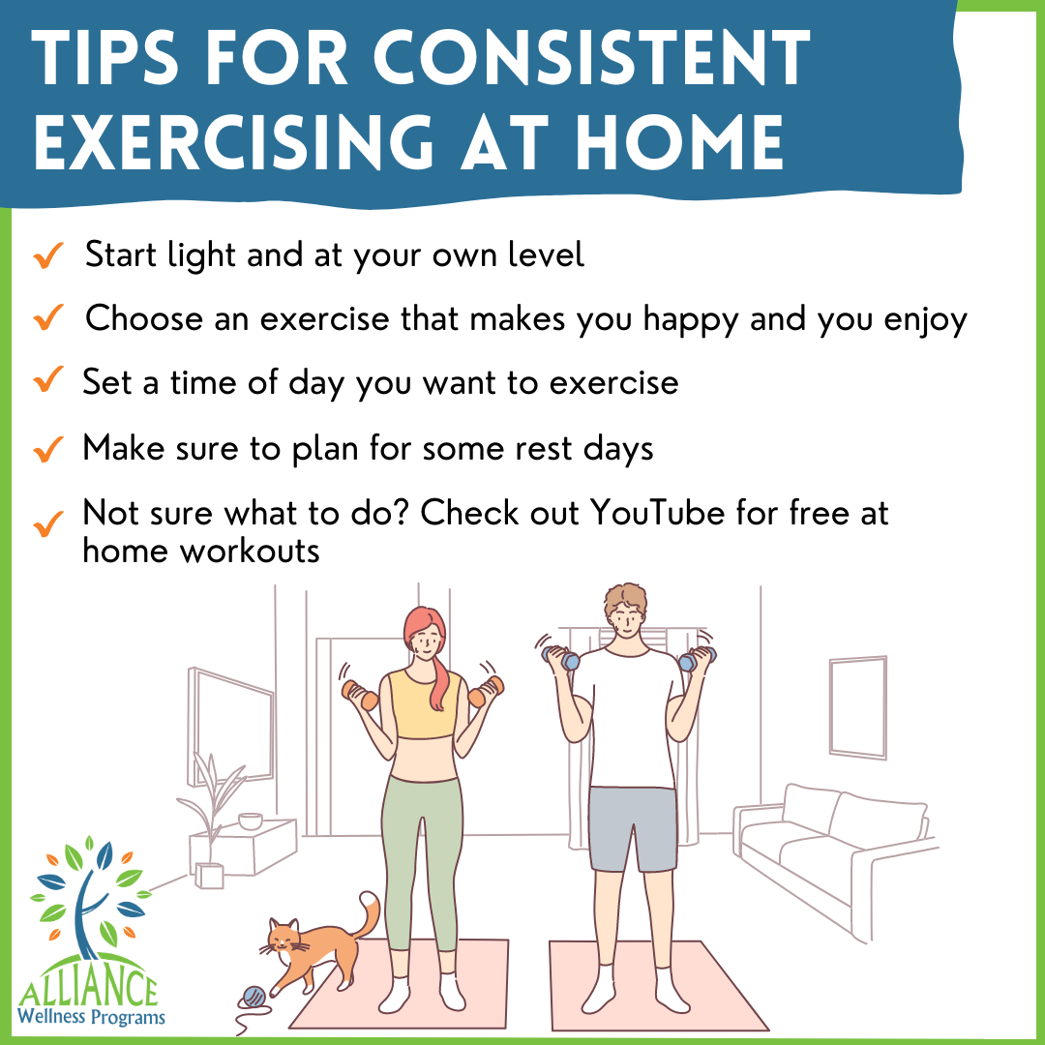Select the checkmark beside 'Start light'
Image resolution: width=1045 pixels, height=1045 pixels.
47,256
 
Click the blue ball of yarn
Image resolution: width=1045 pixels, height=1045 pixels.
254,996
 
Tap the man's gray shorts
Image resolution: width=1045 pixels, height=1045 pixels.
632,827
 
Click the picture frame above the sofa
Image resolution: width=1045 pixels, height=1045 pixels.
857,706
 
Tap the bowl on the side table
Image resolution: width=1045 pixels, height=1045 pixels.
251,821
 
